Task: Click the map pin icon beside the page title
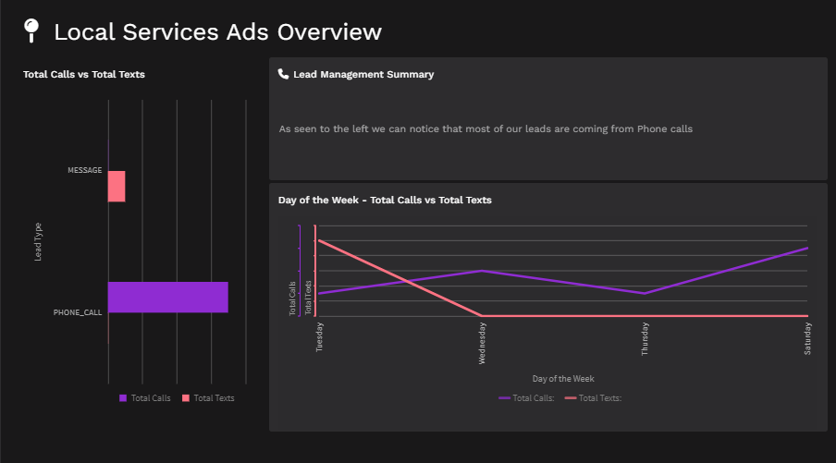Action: point(31,30)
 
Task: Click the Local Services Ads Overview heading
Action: point(217,31)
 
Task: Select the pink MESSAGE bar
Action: point(117,186)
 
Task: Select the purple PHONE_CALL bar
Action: point(167,297)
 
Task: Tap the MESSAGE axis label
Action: point(84,170)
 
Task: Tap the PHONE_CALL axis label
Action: point(78,312)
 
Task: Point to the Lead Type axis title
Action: point(38,242)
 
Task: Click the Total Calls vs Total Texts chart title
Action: point(83,74)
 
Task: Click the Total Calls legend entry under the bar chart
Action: point(145,398)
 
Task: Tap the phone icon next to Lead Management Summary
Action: point(283,74)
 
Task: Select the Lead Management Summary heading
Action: point(363,74)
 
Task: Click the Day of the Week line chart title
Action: point(385,200)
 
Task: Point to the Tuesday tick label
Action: point(320,336)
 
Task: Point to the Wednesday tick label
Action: point(482,343)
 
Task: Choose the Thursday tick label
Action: point(645,338)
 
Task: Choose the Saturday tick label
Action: point(807,337)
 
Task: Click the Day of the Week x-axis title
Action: point(563,378)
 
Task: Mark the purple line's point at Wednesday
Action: point(482,271)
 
